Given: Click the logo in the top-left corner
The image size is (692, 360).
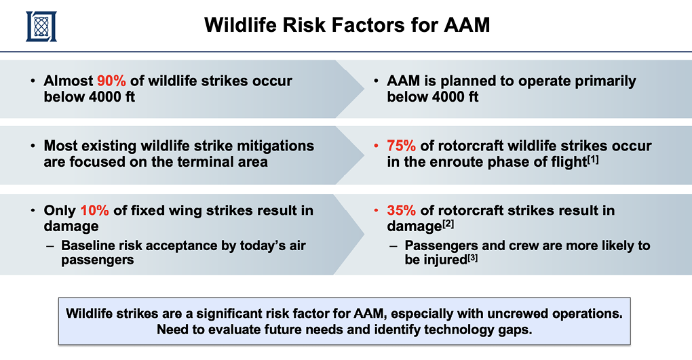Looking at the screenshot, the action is [x=41, y=26].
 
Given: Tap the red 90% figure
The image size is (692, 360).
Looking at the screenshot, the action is [x=111, y=81].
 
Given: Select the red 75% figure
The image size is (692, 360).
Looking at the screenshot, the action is [x=401, y=146].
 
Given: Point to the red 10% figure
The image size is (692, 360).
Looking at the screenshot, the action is [x=94, y=210].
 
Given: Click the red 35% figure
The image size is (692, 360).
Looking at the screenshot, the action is [x=401, y=210].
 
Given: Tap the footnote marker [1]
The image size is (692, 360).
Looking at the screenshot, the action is [x=593, y=159].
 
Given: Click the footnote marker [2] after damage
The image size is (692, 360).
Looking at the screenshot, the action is [x=448, y=224].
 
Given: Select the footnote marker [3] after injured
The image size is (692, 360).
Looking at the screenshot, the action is [x=472, y=257].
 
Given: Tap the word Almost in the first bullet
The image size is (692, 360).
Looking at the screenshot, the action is [x=69, y=81].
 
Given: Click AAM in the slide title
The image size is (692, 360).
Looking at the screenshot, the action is [x=467, y=24].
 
